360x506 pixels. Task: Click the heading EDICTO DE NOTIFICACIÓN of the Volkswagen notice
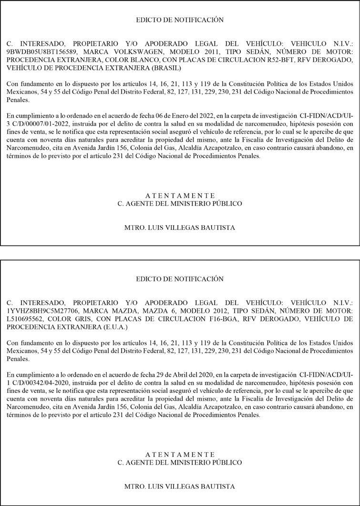point(180,20)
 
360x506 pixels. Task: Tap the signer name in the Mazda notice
point(180,486)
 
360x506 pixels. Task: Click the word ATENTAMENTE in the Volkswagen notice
point(180,195)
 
